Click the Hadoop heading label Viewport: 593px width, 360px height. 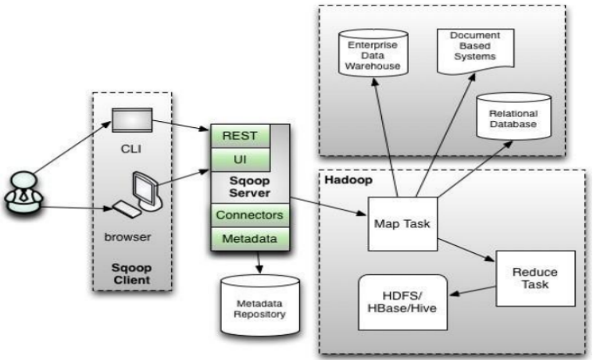[343, 181]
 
